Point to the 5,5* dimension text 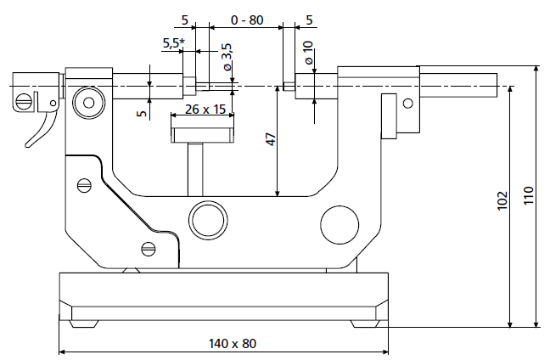[173, 42]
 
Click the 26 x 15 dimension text [204, 110]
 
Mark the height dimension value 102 [502, 200]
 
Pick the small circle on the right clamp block [407, 104]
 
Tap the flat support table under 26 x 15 [202, 133]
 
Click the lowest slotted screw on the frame [149, 249]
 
